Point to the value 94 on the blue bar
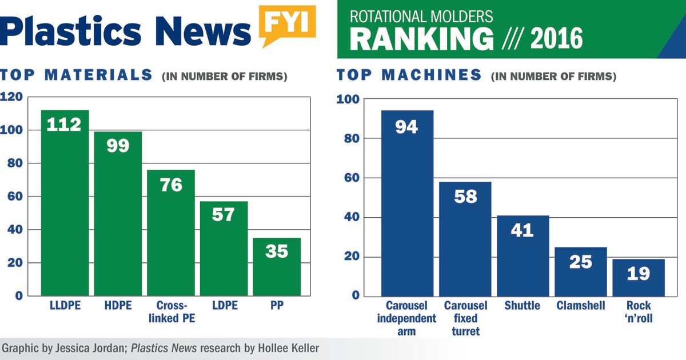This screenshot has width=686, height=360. [406, 126]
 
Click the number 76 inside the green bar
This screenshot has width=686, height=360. [171, 185]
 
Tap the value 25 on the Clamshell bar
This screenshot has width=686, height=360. [580, 262]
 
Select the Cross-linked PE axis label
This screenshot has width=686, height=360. [171, 312]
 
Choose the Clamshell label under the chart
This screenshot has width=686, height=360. [580, 306]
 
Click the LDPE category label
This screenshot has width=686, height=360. [224, 306]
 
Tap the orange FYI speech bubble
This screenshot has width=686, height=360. [287, 24]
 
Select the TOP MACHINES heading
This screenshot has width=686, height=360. [409, 75]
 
